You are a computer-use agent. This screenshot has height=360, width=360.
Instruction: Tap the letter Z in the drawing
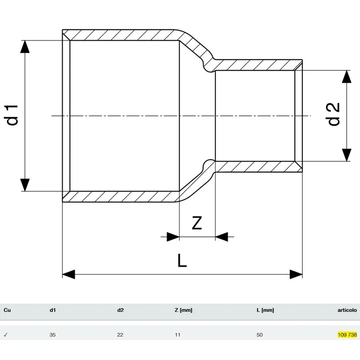(197, 223)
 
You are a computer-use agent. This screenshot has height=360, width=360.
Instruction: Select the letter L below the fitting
(182, 260)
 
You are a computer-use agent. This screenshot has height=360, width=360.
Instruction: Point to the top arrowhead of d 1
(25, 47)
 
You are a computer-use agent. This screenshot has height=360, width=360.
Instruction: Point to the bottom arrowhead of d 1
(25, 185)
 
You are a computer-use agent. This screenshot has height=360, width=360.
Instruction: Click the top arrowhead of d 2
(347, 76)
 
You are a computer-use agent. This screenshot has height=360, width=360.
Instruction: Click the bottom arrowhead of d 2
(347, 155)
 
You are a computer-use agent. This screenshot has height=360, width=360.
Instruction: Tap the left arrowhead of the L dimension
(69, 274)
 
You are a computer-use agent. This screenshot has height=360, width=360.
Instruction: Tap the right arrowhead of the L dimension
(296, 274)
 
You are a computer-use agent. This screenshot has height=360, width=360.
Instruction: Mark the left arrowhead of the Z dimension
(173, 237)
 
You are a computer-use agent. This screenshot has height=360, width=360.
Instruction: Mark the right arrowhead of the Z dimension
(222, 237)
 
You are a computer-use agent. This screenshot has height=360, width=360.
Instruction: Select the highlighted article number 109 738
(347, 334)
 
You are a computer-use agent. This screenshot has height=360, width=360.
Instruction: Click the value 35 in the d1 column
(52, 335)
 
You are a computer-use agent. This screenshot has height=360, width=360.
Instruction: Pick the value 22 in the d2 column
(120, 335)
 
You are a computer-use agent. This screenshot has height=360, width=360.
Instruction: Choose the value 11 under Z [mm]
(178, 335)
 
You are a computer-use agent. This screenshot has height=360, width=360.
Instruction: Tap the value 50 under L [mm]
(260, 335)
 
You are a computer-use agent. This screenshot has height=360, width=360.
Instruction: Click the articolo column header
(347, 310)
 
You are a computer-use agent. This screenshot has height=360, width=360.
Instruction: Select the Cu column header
(7, 310)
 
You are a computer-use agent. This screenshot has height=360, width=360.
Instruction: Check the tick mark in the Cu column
(6, 335)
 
